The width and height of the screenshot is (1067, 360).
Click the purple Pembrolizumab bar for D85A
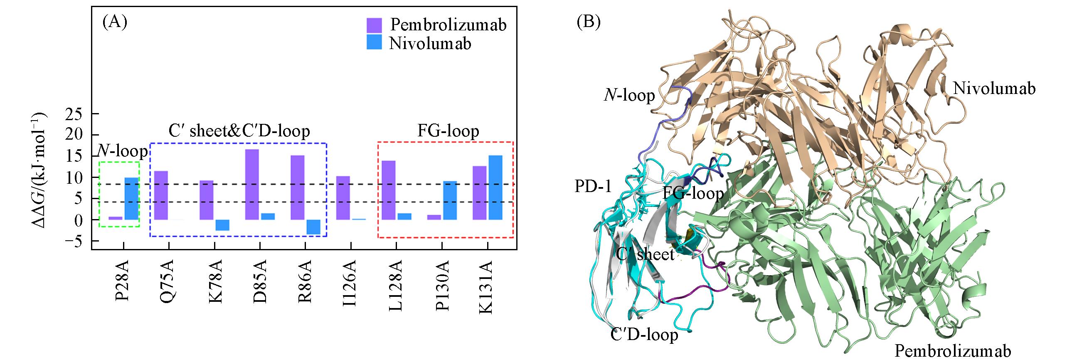[x=252, y=184]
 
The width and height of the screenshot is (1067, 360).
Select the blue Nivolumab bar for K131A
[x=495, y=187]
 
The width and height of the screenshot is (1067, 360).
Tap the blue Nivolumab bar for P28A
[x=131, y=199]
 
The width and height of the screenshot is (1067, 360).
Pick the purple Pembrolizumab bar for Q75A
[x=161, y=195]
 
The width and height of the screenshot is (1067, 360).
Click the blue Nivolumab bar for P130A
[x=450, y=200]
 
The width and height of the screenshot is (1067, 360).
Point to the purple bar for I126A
[x=343, y=198]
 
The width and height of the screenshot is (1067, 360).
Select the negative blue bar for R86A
[x=313, y=227]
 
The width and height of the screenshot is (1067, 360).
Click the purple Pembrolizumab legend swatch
[x=374, y=25]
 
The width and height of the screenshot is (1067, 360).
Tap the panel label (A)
[x=114, y=22]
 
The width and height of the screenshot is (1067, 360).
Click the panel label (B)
[x=589, y=22]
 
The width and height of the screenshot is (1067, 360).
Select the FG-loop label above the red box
[x=448, y=131]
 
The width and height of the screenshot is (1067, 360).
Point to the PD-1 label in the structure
[x=593, y=187]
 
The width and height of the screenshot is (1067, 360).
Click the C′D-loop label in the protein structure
[x=644, y=334]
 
